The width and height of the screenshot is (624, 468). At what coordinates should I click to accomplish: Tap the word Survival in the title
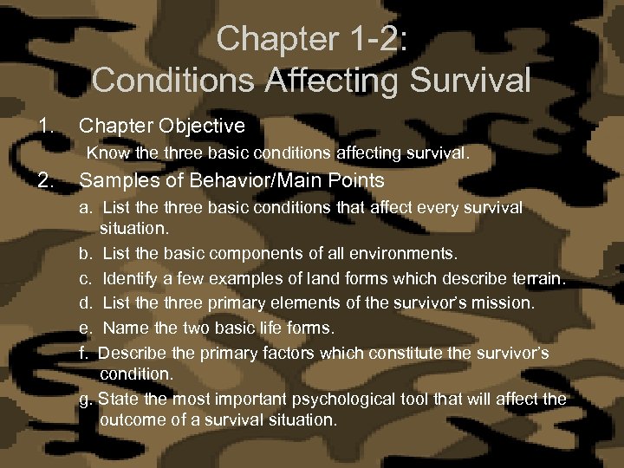(471, 81)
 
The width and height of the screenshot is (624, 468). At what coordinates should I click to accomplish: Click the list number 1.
(46, 127)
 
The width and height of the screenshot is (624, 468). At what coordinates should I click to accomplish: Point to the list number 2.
(46, 181)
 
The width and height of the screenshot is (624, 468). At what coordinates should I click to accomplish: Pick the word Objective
(205, 127)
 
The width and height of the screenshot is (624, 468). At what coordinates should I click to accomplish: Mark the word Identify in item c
(131, 279)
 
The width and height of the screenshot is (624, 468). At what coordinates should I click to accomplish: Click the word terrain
(536, 279)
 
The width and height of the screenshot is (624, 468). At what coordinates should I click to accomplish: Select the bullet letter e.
(86, 328)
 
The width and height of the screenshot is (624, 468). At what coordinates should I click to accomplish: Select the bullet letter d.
(86, 303)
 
